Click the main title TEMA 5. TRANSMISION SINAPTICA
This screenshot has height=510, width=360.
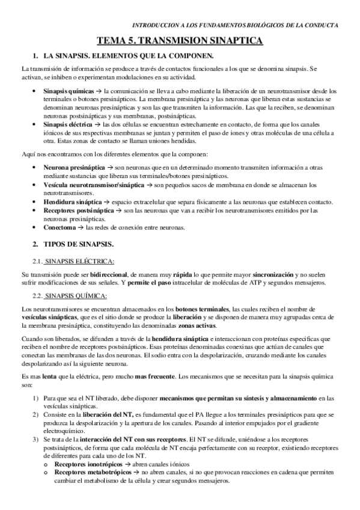(x=180, y=41)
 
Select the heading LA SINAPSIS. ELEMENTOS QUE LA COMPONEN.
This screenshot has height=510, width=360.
(x=130, y=56)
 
